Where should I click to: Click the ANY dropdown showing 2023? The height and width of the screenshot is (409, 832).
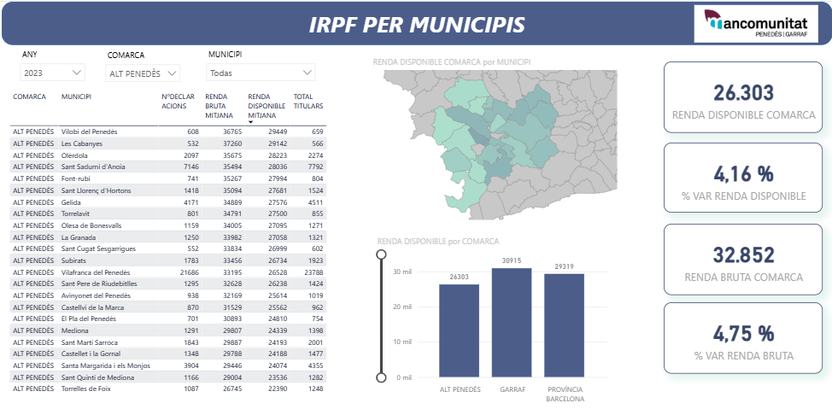(x=53, y=73)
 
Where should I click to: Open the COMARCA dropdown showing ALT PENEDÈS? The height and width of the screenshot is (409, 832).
(x=144, y=73)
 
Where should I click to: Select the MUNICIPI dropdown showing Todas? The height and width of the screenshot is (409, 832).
(x=261, y=73)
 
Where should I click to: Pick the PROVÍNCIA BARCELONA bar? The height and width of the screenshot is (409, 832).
(x=564, y=325)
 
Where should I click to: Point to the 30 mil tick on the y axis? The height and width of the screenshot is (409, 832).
(x=401, y=272)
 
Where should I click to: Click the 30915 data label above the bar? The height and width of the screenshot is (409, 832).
(x=512, y=260)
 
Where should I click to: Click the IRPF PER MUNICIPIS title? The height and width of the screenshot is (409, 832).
(x=416, y=24)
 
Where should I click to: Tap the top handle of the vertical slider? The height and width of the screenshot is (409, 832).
(x=381, y=254)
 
